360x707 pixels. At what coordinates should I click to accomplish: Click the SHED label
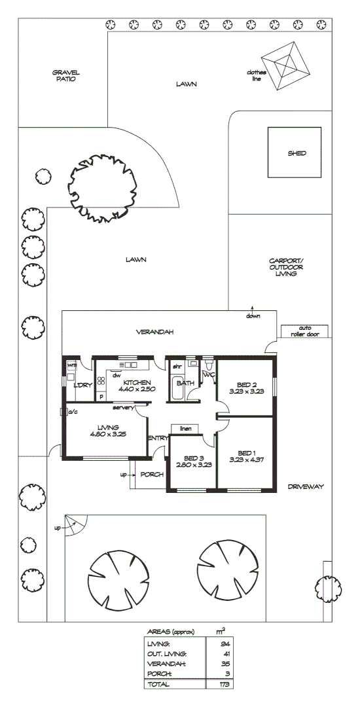click(x=297, y=154)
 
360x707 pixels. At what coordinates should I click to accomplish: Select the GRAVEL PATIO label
click(x=65, y=75)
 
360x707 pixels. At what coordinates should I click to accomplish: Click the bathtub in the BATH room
click(x=177, y=389)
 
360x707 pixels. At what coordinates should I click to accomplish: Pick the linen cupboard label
click(x=185, y=428)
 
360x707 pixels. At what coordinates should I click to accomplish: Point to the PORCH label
click(x=151, y=475)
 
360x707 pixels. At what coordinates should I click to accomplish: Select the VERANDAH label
click(x=154, y=332)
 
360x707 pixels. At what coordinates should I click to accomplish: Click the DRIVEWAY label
click(x=306, y=487)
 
